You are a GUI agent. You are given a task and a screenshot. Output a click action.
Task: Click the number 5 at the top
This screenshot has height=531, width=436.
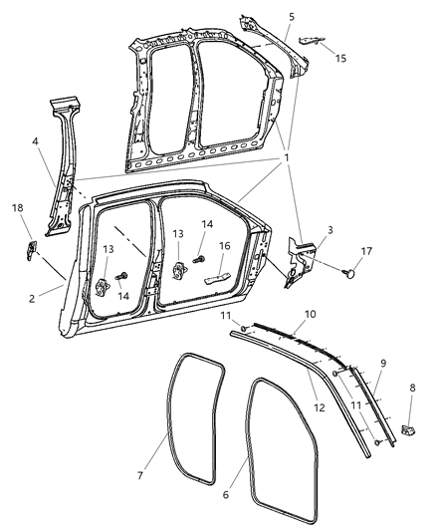click(291, 17)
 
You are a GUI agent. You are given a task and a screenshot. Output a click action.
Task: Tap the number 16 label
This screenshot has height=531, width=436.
click(224, 246)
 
